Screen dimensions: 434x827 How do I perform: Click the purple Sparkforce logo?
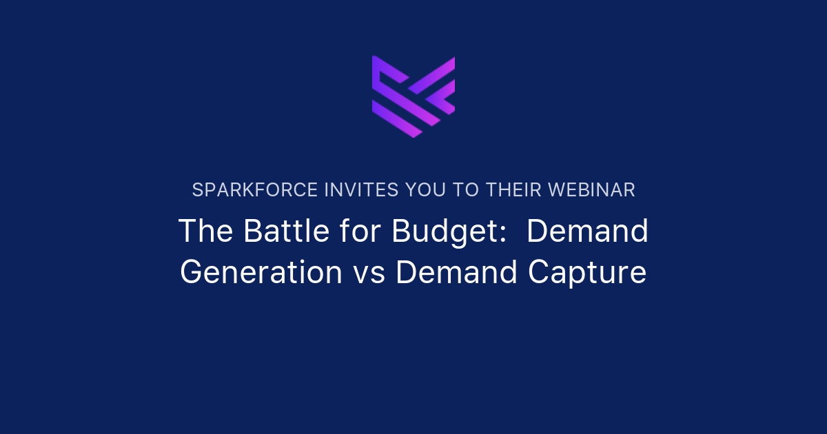click(413, 96)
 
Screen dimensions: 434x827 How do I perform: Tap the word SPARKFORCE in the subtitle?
click(255, 190)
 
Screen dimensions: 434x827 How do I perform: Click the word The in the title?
click(205, 231)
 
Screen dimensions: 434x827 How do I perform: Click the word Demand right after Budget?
click(588, 231)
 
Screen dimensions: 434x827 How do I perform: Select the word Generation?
click(261, 273)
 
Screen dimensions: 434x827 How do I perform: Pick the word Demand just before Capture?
click(457, 273)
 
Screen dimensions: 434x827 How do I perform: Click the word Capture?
click(587, 273)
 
